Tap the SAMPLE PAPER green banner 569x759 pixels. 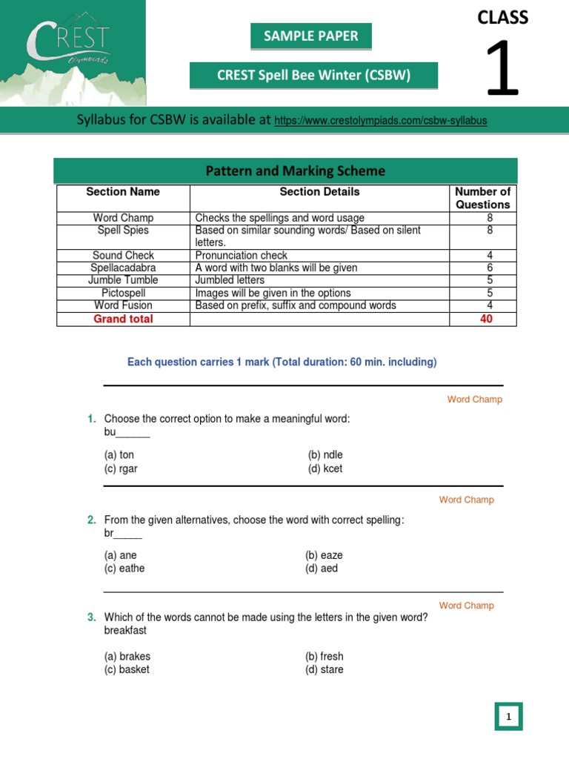coord(310,36)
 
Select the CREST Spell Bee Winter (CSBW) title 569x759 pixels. coord(313,75)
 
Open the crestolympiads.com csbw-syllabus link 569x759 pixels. coord(380,121)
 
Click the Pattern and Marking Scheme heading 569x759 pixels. coord(295,171)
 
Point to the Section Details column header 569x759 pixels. coord(319,192)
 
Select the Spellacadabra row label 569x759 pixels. coord(123,268)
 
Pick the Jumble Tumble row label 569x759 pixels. coord(123,280)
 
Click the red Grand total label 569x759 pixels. coord(123,319)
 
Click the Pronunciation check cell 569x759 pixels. coord(241,255)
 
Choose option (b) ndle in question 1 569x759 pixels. coord(325,455)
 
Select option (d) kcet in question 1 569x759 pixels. coord(325,468)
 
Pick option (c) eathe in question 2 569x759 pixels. coord(124,569)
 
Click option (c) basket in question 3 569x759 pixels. coord(127,669)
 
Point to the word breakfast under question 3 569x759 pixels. coord(125,630)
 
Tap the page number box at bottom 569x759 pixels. coord(508,717)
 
